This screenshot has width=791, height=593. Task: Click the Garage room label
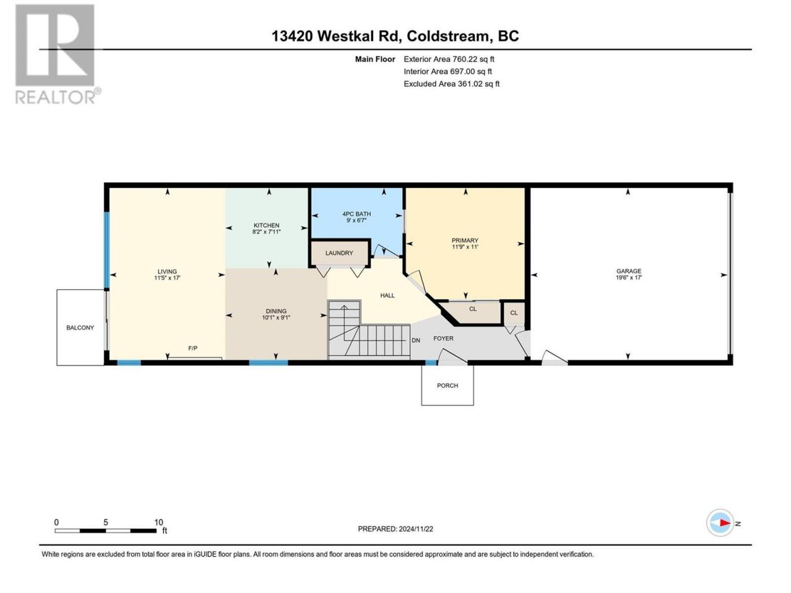pos(628,271)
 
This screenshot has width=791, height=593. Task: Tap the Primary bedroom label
pos(465,240)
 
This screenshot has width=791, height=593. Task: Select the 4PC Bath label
pos(357,214)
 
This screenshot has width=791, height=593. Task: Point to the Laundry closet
pos(339,253)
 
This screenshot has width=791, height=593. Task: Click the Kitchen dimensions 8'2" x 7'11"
pos(266,232)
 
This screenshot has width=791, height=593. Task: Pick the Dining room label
pos(276,311)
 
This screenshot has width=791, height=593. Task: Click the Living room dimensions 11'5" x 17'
pos(167,278)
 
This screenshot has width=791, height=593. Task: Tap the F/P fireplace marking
pos(193,348)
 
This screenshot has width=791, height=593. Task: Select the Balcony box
pos(80,327)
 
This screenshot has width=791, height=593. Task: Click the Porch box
pos(447,385)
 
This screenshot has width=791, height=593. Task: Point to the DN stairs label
pos(416,340)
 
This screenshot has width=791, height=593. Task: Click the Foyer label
pos(443,339)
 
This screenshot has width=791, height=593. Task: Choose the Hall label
pos(387,296)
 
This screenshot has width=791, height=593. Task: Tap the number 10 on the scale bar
pos(159,522)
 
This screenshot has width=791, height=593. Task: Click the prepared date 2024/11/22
pos(415,529)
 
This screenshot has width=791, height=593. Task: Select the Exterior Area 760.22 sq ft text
pos(449,59)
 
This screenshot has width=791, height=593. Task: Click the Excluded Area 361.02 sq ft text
pos(452,84)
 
